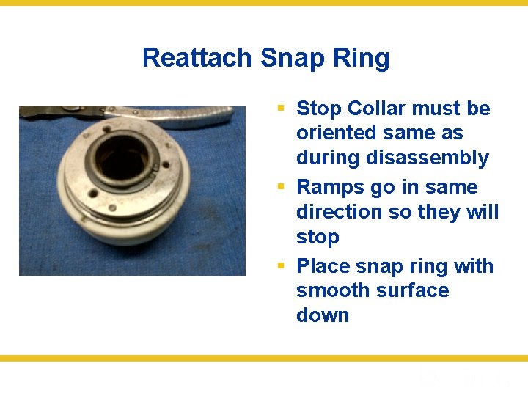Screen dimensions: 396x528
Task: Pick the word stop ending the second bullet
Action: [x=318, y=237]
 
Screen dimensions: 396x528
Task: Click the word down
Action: [x=323, y=315]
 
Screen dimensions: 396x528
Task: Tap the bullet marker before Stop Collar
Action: [x=281, y=109]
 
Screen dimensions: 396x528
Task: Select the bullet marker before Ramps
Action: [x=281, y=187]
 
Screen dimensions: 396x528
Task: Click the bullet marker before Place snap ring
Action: [x=281, y=265]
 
